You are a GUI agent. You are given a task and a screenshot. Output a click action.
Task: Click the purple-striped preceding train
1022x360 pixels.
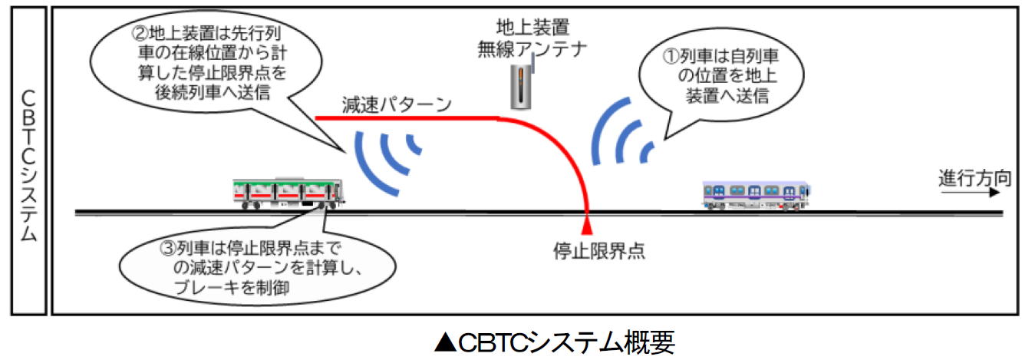coord(757,196)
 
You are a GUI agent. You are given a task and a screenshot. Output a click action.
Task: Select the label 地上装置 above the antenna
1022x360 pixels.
coord(533,28)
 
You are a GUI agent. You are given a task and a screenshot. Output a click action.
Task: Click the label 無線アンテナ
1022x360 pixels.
coord(532,49)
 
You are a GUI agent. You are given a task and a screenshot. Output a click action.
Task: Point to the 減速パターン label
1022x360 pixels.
coord(397,104)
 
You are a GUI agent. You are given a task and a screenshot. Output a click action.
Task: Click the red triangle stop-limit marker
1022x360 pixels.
coord(587,226)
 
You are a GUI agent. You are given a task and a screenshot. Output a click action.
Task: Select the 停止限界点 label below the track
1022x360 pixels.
coord(599,251)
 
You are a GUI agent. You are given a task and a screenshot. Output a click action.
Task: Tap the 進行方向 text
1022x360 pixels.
coord(974,178)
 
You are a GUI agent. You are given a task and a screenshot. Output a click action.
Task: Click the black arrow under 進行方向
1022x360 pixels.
coord(970,193)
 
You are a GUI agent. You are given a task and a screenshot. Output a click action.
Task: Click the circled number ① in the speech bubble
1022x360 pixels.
coord(671,57)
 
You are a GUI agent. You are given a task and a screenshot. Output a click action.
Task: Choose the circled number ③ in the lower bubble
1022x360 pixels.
coord(167,248)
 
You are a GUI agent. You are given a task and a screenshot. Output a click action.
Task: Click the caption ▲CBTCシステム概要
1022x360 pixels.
coord(554,342)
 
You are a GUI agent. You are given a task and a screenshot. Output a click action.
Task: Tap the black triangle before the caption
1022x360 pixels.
coord(445,342)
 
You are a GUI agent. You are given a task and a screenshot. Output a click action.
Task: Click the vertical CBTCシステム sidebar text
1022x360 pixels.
coord(28,165)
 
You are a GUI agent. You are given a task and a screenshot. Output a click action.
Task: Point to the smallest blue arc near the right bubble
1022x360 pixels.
coord(647,153)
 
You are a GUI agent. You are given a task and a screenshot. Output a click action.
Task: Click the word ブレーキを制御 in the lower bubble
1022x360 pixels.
coord(231,287)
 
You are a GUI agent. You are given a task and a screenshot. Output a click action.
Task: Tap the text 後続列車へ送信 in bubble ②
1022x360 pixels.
coord(213,93)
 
